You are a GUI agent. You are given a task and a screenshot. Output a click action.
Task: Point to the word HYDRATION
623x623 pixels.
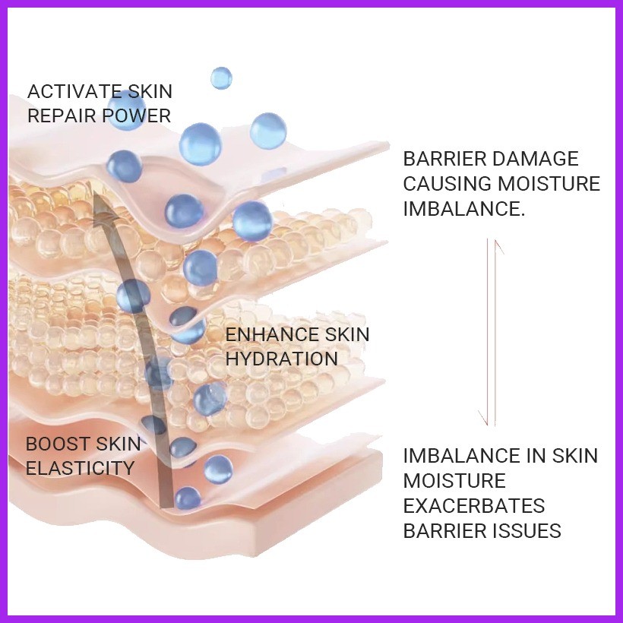coord(282,359)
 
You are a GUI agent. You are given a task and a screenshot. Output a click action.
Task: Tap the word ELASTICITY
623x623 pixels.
coord(80,468)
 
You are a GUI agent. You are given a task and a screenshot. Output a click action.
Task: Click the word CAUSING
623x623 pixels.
coord(447,183)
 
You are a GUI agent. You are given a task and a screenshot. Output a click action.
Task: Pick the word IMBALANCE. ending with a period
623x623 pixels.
coord(463,208)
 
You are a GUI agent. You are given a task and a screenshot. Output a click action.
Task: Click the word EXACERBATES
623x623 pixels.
coord(474,505)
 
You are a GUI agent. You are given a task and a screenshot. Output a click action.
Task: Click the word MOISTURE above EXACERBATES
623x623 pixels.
coord(454,481)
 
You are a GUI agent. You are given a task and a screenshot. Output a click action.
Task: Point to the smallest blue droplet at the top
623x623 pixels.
coord(221,77)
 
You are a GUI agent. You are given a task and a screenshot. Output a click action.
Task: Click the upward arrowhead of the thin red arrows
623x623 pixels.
coord(498,245)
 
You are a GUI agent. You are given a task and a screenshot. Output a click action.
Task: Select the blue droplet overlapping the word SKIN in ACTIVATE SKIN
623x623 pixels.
coord(127,106)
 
